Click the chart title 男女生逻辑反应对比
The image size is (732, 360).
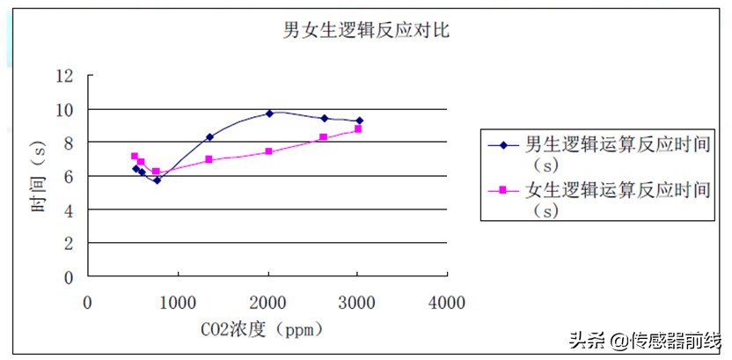367,30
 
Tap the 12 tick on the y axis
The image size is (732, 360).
65,76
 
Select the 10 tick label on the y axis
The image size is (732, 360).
65,109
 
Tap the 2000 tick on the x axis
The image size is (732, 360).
267,302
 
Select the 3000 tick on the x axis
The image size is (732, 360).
357,302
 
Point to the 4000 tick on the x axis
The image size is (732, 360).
447,302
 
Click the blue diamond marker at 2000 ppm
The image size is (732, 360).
269,113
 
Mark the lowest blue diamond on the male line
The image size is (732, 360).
157,180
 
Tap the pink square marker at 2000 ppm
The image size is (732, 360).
268,151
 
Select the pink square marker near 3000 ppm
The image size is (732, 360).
358,129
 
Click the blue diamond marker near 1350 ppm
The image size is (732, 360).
209,136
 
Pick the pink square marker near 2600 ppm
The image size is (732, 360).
323,137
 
